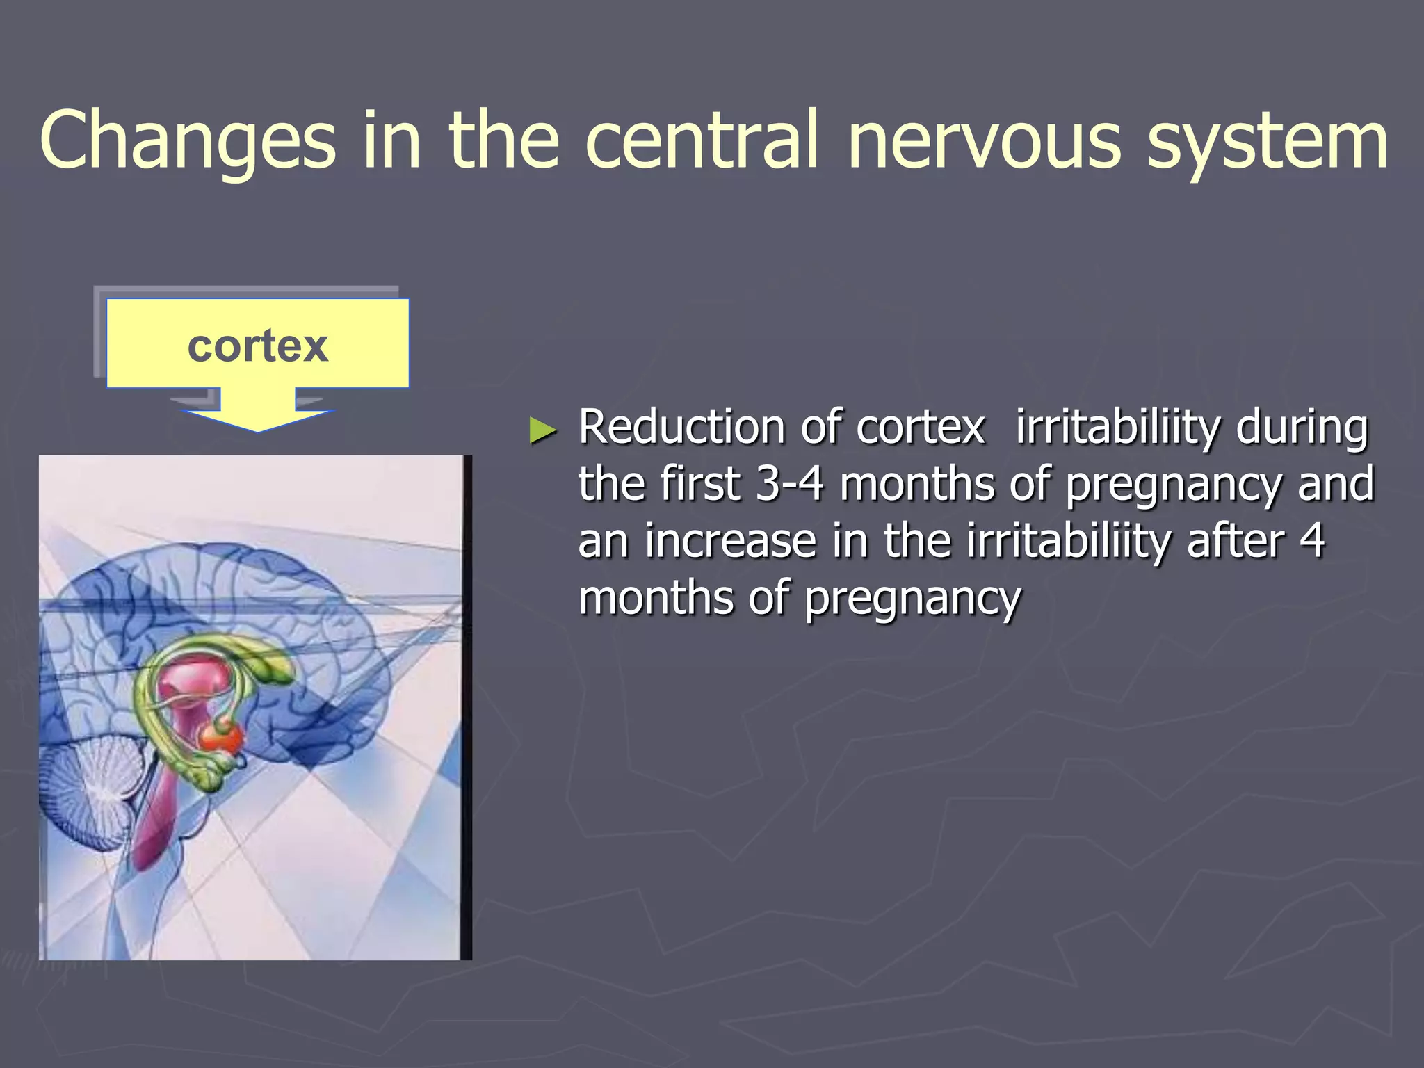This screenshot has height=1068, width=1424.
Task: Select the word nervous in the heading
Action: click(984, 141)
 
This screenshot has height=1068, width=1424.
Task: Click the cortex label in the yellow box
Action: click(257, 346)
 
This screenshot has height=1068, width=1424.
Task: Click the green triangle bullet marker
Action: click(543, 430)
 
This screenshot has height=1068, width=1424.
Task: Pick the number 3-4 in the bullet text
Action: click(789, 484)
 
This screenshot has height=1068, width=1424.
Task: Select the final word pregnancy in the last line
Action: click(913, 599)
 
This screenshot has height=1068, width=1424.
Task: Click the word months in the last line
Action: click(656, 598)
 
